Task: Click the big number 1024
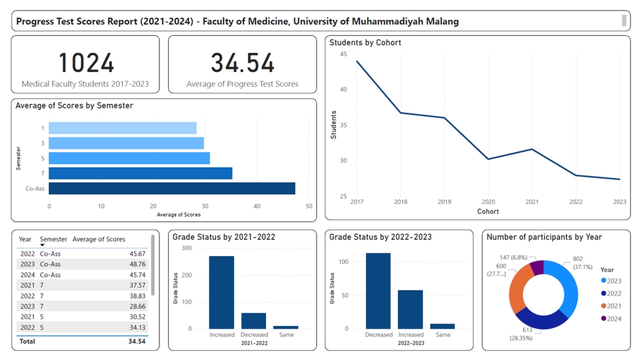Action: coord(85,63)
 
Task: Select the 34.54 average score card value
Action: coord(243,63)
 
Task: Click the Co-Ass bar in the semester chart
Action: coord(172,189)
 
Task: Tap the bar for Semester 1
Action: coord(123,128)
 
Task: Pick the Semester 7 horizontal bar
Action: coord(141,173)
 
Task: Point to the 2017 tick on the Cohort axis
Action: coord(357,202)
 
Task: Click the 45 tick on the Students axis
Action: coord(343,54)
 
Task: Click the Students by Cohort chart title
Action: coord(365,43)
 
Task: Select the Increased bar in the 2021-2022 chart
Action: coord(221,292)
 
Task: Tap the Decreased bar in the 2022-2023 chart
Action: coord(378,291)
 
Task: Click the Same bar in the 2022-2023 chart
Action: coord(443,326)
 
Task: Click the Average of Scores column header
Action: coord(99,239)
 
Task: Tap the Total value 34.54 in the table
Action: coord(136,341)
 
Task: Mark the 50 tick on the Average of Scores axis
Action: coord(309,206)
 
